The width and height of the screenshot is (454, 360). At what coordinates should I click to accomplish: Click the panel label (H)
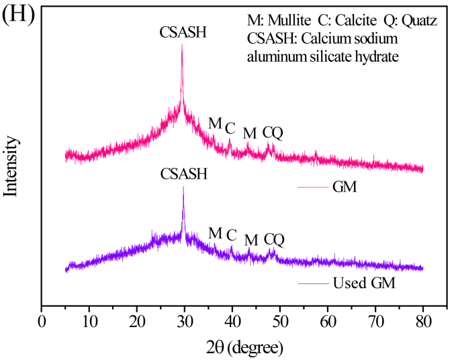click(15, 14)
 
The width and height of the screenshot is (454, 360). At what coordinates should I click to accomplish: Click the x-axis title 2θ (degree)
click(245, 348)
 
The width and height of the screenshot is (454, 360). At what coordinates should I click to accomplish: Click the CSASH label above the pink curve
click(183, 32)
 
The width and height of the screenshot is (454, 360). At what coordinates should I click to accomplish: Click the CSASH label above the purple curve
click(184, 173)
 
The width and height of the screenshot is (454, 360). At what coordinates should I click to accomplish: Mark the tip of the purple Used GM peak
click(183, 187)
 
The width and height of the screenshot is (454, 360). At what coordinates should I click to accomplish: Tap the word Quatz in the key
click(418, 21)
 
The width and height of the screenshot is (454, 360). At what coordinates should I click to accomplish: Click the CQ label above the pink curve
click(273, 132)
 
